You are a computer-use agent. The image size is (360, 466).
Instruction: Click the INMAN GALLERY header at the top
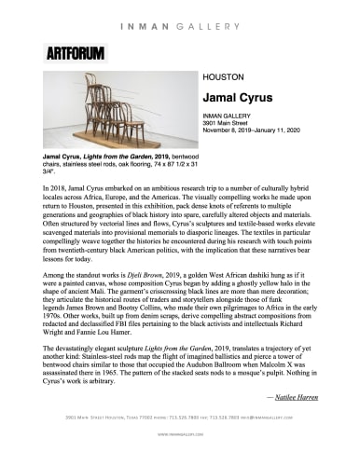coord(180,11)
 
